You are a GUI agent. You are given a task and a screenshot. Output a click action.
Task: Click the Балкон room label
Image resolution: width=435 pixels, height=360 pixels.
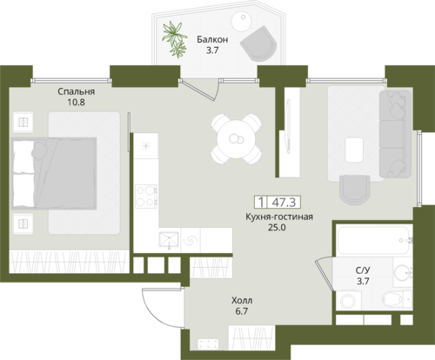point(212,39)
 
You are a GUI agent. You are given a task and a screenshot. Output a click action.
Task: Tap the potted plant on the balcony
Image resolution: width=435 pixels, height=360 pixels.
point(174,39)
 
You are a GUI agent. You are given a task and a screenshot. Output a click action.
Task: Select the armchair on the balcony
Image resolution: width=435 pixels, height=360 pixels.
point(258,43)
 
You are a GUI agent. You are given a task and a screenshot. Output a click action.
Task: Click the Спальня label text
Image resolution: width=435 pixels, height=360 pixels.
point(76,91)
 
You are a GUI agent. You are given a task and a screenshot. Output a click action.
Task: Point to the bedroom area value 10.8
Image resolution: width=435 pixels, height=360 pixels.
point(76,103)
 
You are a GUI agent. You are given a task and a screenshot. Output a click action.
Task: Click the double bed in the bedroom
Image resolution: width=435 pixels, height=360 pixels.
point(54,173)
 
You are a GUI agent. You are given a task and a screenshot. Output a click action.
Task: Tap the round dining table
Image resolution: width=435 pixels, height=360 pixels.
point(236,139)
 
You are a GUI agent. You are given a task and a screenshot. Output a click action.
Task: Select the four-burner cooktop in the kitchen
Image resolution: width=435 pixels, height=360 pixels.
point(146,197)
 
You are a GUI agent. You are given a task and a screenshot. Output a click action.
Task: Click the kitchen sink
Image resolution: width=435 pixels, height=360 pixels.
point(169,239)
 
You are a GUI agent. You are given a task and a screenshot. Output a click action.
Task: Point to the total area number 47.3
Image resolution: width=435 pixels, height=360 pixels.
point(284,203)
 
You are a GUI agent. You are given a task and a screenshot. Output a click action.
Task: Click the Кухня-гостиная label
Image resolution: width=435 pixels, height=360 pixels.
point(279,217)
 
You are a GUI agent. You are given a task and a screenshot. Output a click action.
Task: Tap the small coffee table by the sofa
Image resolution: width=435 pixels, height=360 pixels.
point(354,150)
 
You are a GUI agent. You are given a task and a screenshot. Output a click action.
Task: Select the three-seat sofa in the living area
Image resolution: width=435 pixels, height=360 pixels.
point(395,134)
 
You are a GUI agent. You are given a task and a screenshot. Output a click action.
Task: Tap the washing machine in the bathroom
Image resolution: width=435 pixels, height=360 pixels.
point(349,301)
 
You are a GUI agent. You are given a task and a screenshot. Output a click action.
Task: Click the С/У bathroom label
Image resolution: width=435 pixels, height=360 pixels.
point(363,270)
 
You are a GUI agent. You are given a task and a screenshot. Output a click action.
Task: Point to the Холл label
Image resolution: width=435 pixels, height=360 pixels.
point(242,300)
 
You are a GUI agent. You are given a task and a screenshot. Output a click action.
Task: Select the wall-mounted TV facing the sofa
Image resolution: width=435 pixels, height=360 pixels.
point(288,126)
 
